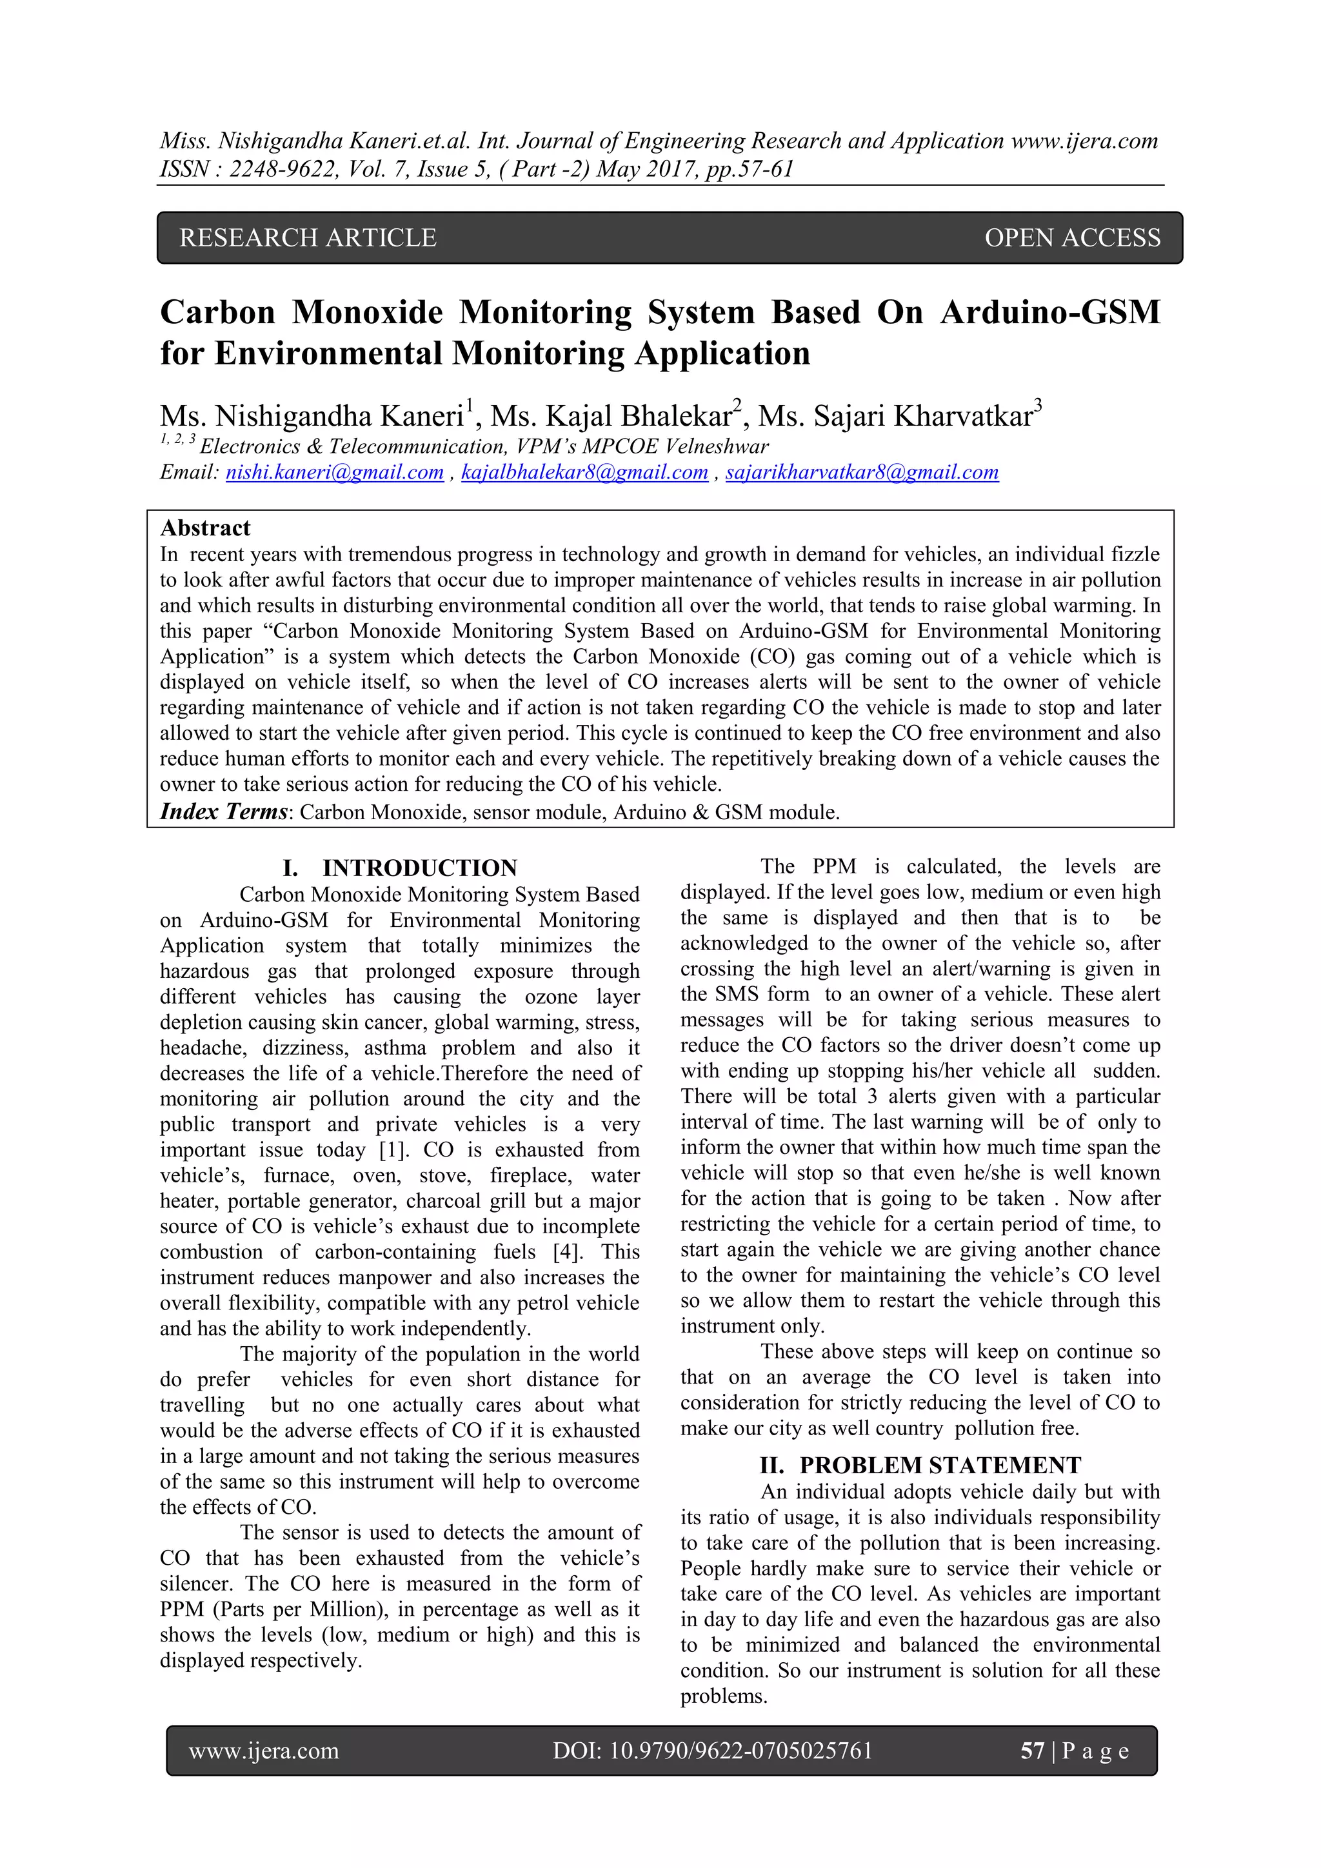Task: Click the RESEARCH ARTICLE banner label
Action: [308, 237]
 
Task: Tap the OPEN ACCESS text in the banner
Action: [1072, 237]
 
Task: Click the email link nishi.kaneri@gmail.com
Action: [334, 473]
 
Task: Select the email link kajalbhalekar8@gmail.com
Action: [584, 473]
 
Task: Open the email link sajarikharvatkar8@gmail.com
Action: [861, 473]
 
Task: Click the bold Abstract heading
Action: [205, 528]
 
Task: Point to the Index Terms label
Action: [224, 812]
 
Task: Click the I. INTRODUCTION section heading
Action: [399, 868]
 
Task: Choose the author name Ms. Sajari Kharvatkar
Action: [895, 417]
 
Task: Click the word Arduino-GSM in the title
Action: [1049, 312]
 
